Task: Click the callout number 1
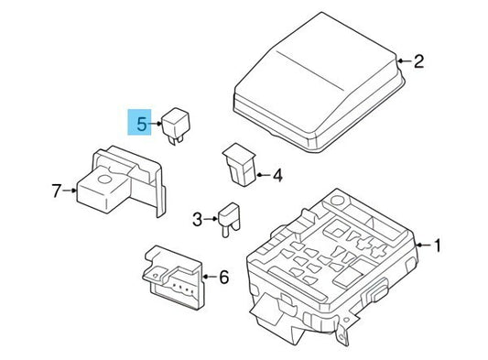[437, 245]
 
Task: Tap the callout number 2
[418, 62]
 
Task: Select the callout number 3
[197, 219]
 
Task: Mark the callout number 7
[57, 191]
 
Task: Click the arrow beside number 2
[402, 62]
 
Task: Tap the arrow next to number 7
[72, 191]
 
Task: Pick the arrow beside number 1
[421, 245]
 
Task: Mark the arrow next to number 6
[209, 275]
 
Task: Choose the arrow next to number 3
[211, 219]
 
